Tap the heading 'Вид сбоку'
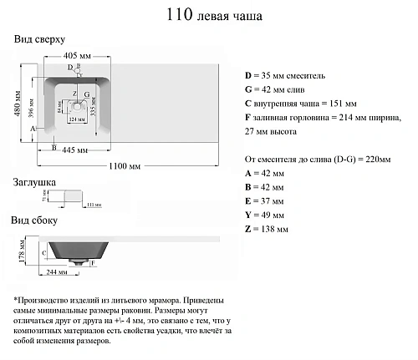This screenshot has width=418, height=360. click(36, 221)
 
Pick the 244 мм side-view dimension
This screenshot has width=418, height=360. click(58, 271)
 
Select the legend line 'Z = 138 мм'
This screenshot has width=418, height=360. click(267, 228)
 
